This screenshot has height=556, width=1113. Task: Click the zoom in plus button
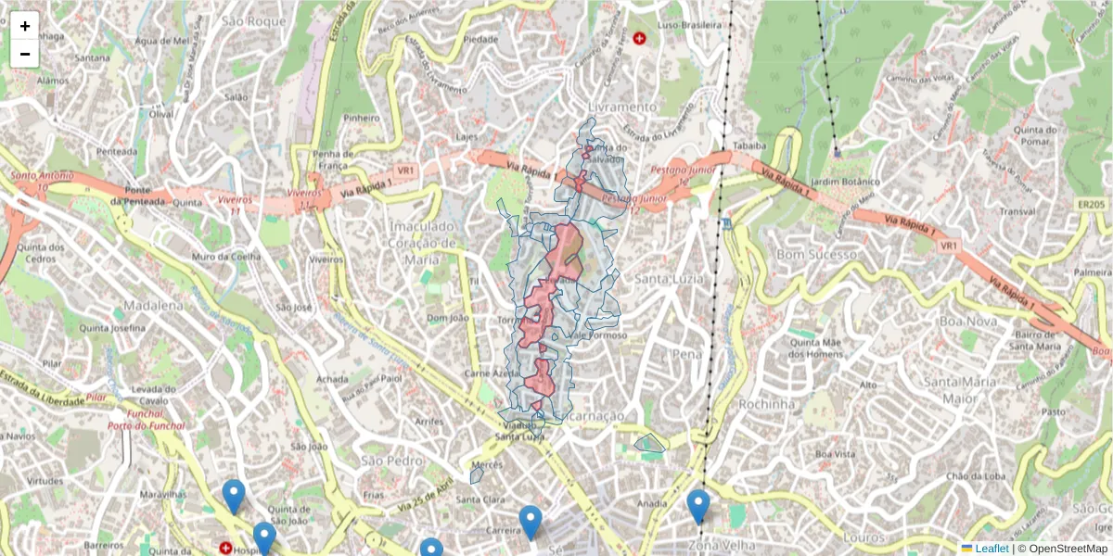[x=25, y=26]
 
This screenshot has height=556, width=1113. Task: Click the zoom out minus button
[x=25, y=54]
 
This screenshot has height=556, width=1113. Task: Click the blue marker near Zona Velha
[x=698, y=507]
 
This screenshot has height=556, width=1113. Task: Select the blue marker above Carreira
[x=531, y=523]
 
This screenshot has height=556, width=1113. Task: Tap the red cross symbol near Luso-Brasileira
[x=639, y=38]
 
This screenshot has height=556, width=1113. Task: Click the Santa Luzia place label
[x=665, y=278]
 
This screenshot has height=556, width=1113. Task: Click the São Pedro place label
[x=385, y=461]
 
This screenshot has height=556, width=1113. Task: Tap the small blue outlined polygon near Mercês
[x=477, y=474]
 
